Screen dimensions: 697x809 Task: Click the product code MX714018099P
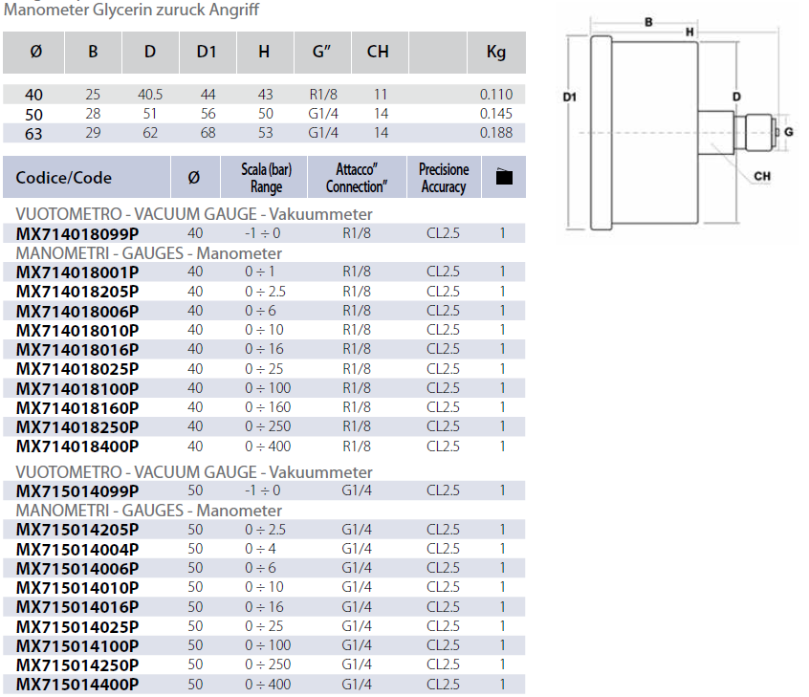pyautogui.click(x=77, y=233)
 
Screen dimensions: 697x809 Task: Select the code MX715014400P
pyautogui.click(x=77, y=685)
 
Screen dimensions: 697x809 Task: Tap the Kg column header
pyautogui.click(x=496, y=52)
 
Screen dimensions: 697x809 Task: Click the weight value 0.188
pyautogui.click(x=496, y=133)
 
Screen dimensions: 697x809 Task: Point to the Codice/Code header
pyautogui.click(x=64, y=178)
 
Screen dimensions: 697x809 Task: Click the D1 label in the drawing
pyautogui.click(x=570, y=97)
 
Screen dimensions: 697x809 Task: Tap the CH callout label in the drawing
pyautogui.click(x=762, y=176)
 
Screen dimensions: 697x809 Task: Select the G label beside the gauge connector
pyautogui.click(x=790, y=130)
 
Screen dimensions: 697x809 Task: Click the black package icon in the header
pyautogui.click(x=504, y=177)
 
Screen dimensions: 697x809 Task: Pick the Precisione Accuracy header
pyautogui.click(x=444, y=178)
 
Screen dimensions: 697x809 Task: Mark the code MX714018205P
pyautogui.click(x=77, y=292)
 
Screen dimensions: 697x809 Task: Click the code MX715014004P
pyautogui.click(x=77, y=549)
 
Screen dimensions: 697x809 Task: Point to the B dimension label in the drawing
pyautogui.click(x=648, y=22)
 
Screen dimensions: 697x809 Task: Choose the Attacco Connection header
pyautogui.click(x=357, y=178)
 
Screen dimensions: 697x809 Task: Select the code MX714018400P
pyautogui.click(x=77, y=447)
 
